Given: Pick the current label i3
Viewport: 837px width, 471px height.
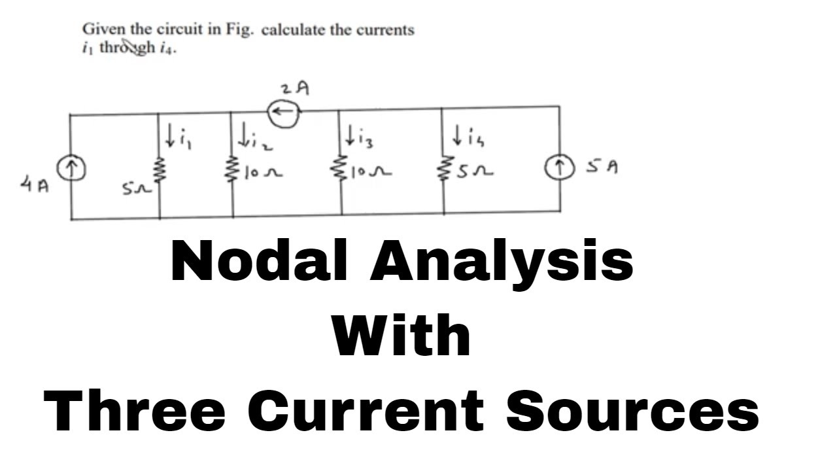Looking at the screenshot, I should click(360, 139).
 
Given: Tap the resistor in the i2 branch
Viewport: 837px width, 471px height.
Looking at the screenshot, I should click(233, 172).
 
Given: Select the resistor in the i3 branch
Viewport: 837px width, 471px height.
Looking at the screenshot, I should click(341, 171).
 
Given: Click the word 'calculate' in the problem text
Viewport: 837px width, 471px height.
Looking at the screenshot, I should click(293, 31).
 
